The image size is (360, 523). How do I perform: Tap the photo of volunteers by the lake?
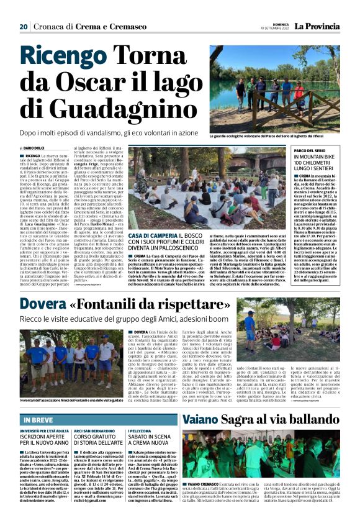(274, 86)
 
